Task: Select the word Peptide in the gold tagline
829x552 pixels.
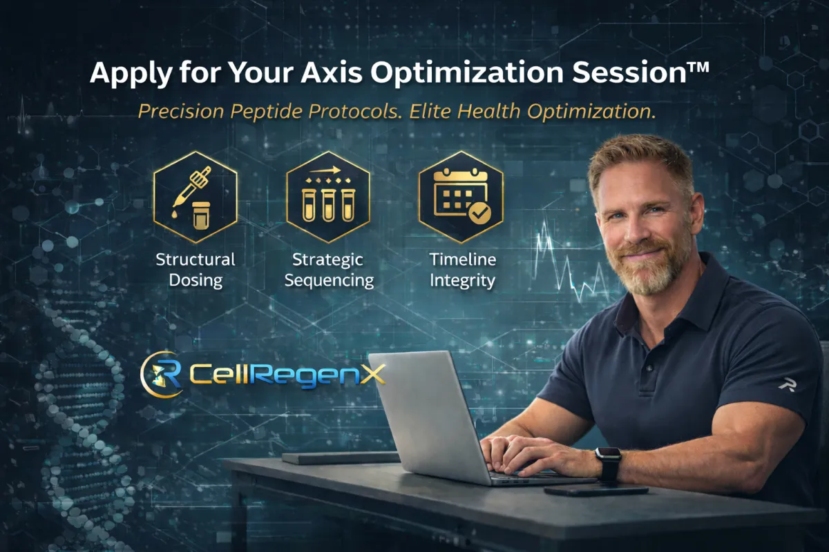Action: [267, 112]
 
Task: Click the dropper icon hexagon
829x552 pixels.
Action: [196, 197]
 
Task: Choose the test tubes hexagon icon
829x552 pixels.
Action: [328, 197]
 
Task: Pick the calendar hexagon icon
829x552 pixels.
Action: [461, 197]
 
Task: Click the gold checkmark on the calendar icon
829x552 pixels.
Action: [479, 213]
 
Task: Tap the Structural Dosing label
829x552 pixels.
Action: [196, 270]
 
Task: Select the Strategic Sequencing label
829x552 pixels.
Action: [329, 270]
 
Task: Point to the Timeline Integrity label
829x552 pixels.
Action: [463, 270]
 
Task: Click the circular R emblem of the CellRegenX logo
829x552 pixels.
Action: [162, 375]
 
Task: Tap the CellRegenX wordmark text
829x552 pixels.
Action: [287, 374]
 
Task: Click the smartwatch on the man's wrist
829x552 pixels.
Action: [609, 463]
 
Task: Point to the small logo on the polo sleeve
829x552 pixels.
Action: [788, 385]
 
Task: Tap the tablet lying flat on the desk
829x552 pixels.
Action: [340, 457]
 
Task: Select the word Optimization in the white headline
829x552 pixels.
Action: [468, 74]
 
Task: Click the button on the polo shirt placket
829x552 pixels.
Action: [650, 368]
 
